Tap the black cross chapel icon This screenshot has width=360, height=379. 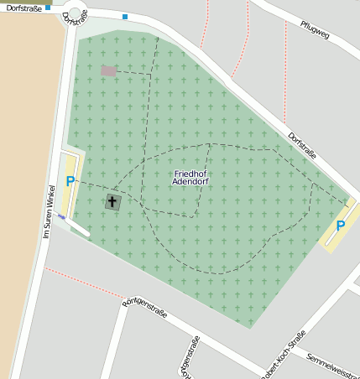[112, 201]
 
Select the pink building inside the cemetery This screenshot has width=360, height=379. [108, 71]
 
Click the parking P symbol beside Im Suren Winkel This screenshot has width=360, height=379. [70, 180]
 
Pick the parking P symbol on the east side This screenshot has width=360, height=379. [340, 226]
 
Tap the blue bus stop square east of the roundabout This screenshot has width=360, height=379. [125, 17]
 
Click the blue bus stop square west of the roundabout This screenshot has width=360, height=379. [48, 7]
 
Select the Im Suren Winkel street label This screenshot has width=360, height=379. [49, 210]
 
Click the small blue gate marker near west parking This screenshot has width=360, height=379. [61, 216]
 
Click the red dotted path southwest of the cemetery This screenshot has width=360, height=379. [84, 283]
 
